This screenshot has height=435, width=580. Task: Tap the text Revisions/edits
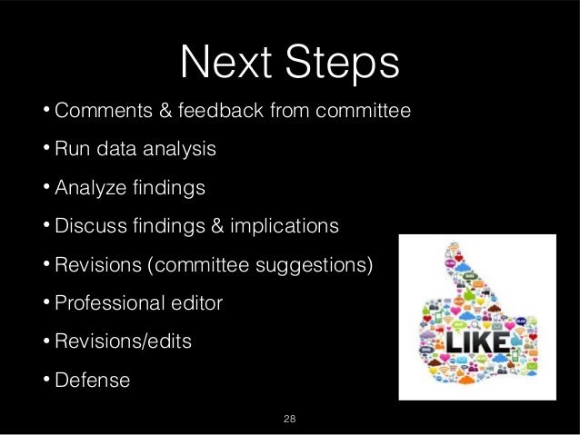pos(124,341)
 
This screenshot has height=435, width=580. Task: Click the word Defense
pos(93,380)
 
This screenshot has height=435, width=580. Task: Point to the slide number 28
pos(290,419)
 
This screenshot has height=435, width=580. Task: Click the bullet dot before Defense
pos(45,380)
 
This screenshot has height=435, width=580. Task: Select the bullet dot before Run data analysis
pos(45,149)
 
